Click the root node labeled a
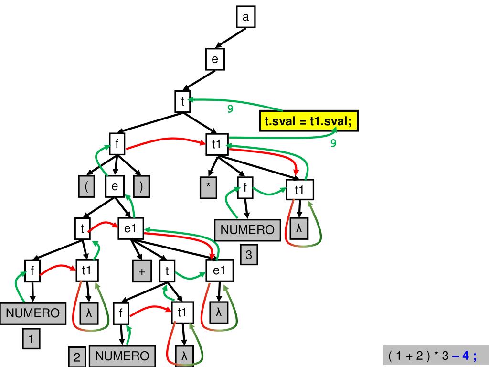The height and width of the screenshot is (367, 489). pyautogui.click(x=246, y=18)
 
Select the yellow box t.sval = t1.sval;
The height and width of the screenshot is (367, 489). pyautogui.click(x=308, y=120)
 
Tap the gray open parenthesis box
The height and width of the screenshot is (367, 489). pyautogui.click(x=86, y=186)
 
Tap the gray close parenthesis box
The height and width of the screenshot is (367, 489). pyautogui.click(x=141, y=186)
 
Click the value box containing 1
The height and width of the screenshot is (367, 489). pyautogui.click(x=31, y=340)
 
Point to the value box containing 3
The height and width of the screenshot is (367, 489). pyautogui.click(x=249, y=255)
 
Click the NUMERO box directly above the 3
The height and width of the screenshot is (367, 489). pyautogui.click(x=247, y=230)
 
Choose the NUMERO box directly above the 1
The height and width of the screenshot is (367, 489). pyautogui.click(x=32, y=313)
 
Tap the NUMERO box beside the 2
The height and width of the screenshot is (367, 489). pyautogui.click(x=122, y=356)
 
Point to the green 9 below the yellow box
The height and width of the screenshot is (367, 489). pyautogui.click(x=333, y=142)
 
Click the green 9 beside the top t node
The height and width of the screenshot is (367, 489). pyautogui.click(x=230, y=109)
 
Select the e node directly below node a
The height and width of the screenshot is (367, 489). pyautogui.click(x=215, y=59)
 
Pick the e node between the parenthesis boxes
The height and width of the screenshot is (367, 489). pyautogui.click(x=115, y=186)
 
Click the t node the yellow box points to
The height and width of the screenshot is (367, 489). pyautogui.click(x=182, y=101)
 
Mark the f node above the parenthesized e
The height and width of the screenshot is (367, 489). pyautogui.click(x=117, y=143)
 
